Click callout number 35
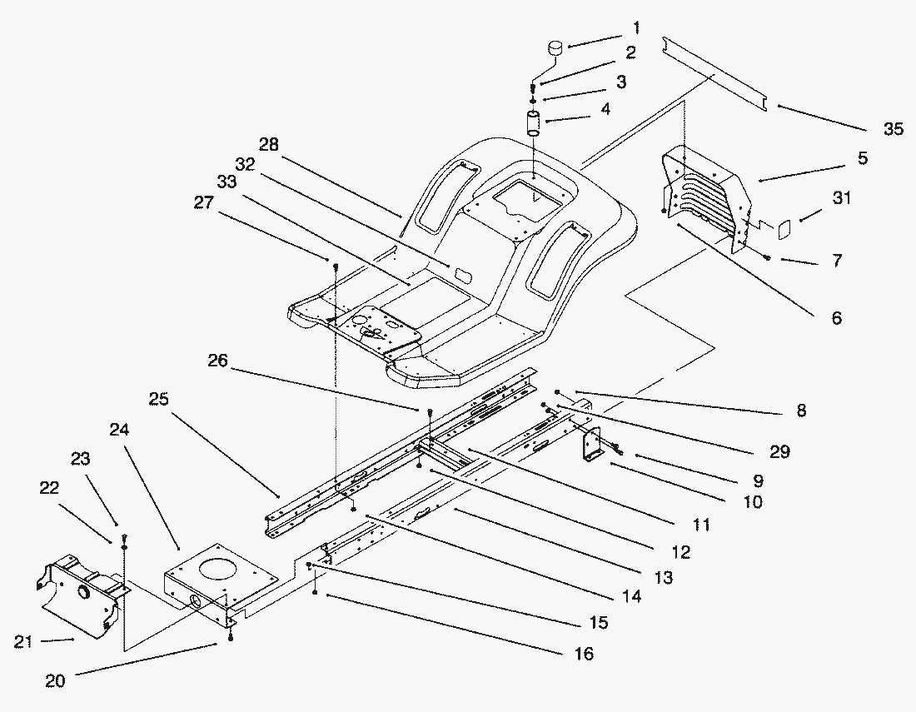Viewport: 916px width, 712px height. click(892, 129)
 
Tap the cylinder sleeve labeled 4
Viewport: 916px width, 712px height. click(534, 123)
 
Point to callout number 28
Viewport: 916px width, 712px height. click(267, 145)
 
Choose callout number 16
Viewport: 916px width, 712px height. click(584, 655)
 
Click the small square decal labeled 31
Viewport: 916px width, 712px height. click(784, 226)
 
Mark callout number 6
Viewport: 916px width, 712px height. click(835, 317)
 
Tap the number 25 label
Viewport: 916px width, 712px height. click(159, 400)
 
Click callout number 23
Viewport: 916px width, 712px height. click(81, 459)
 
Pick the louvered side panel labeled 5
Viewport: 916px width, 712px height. click(704, 200)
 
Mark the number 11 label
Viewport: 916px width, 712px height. click(700, 525)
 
